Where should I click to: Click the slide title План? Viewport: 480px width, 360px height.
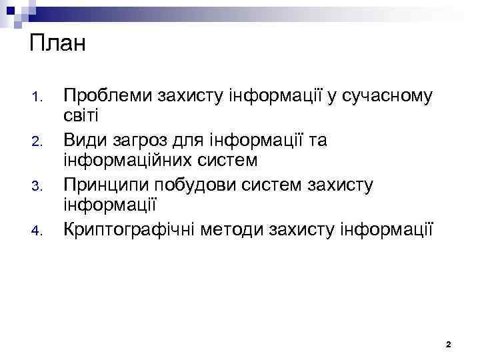[x=58, y=45]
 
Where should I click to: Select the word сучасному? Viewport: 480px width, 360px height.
[x=388, y=97]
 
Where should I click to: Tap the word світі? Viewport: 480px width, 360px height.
[x=80, y=117]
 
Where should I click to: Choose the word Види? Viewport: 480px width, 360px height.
[x=84, y=140]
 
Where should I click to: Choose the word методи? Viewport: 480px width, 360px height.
[x=237, y=229]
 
